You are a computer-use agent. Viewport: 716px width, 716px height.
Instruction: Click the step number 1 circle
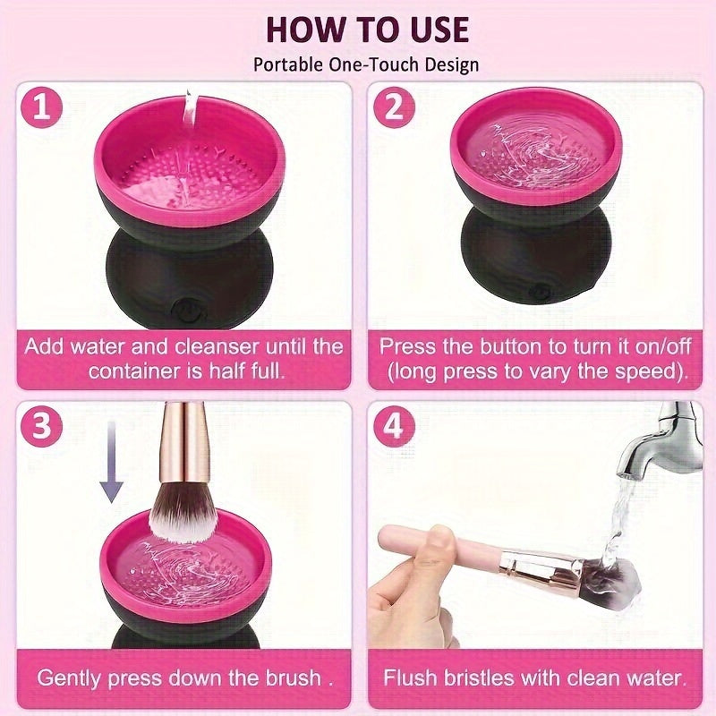[43, 108]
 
